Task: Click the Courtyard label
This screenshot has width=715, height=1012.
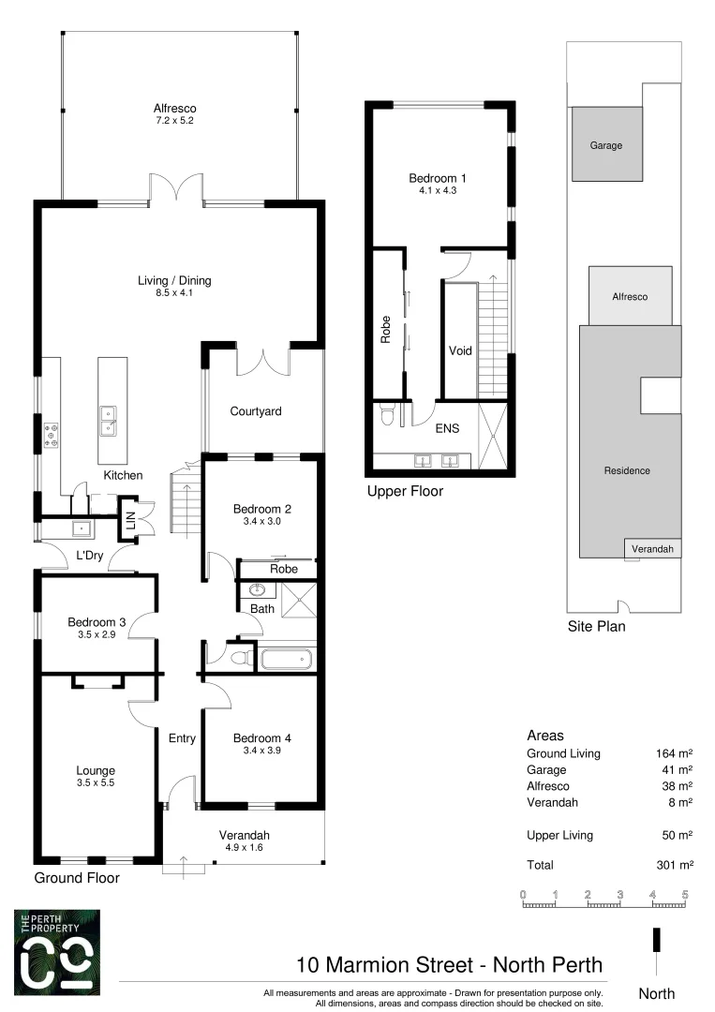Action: click(x=256, y=411)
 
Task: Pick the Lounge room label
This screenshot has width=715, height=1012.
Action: click(x=95, y=771)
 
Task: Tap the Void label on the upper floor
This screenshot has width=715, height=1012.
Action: click(x=460, y=351)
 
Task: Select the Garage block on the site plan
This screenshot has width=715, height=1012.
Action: click(x=606, y=144)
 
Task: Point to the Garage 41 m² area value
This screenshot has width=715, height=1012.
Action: click(x=675, y=769)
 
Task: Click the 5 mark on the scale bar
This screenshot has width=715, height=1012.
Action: click(x=685, y=894)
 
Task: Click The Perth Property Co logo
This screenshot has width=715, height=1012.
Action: click(x=56, y=951)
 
